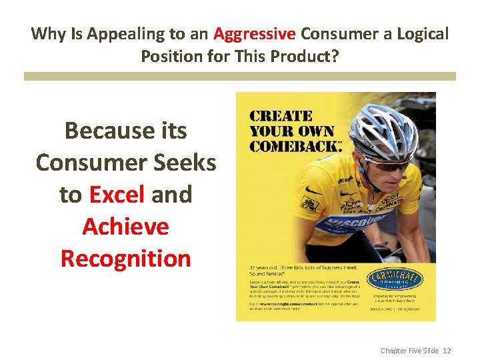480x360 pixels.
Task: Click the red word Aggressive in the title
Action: (x=255, y=33)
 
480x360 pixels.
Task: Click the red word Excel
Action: (x=116, y=194)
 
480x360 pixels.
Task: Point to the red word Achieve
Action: (x=125, y=226)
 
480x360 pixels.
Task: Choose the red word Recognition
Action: (x=125, y=258)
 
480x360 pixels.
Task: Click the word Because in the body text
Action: (x=99, y=130)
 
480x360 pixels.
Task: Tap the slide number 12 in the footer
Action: (x=447, y=350)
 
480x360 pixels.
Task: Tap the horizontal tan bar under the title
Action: (x=240, y=77)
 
